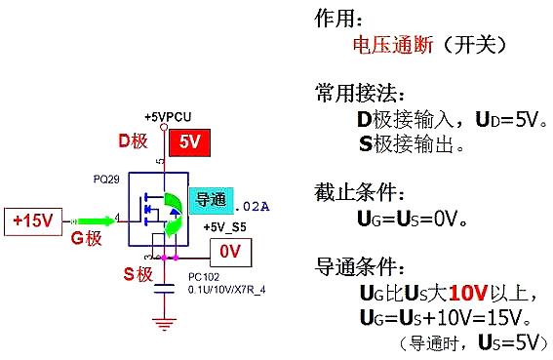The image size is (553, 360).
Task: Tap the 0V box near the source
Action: [x=230, y=252]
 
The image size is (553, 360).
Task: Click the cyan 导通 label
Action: [x=212, y=200]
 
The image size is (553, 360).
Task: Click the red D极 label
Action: [x=133, y=142]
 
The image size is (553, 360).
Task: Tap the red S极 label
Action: [x=139, y=274]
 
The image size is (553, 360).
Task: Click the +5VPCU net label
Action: [x=167, y=115]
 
